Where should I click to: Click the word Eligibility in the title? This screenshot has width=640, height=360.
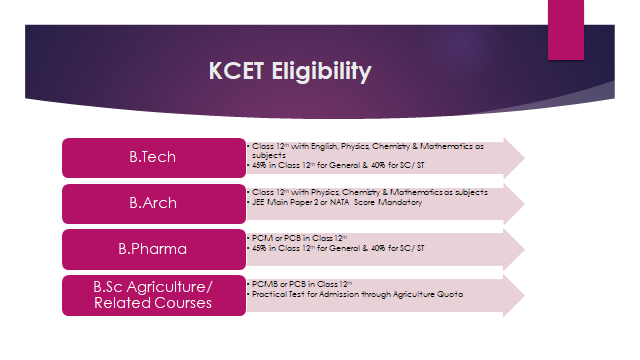pyautogui.click(x=322, y=72)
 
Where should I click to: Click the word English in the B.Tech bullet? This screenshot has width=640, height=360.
pyautogui.click(x=323, y=145)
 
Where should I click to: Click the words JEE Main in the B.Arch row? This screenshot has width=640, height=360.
pyautogui.click(x=268, y=202)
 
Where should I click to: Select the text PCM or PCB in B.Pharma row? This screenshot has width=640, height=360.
pyautogui.click(x=271, y=237)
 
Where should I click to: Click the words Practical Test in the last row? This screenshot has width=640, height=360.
pyautogui.click(x=276, y=293)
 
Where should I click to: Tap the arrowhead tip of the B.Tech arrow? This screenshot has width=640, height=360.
pyautogui.click(x=521, y=157)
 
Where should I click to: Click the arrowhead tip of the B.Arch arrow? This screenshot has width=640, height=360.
pyautogui.click(x=521, y=203)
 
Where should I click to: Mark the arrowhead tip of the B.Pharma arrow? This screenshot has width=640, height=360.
pyautogui.click(x=521, y=248)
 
